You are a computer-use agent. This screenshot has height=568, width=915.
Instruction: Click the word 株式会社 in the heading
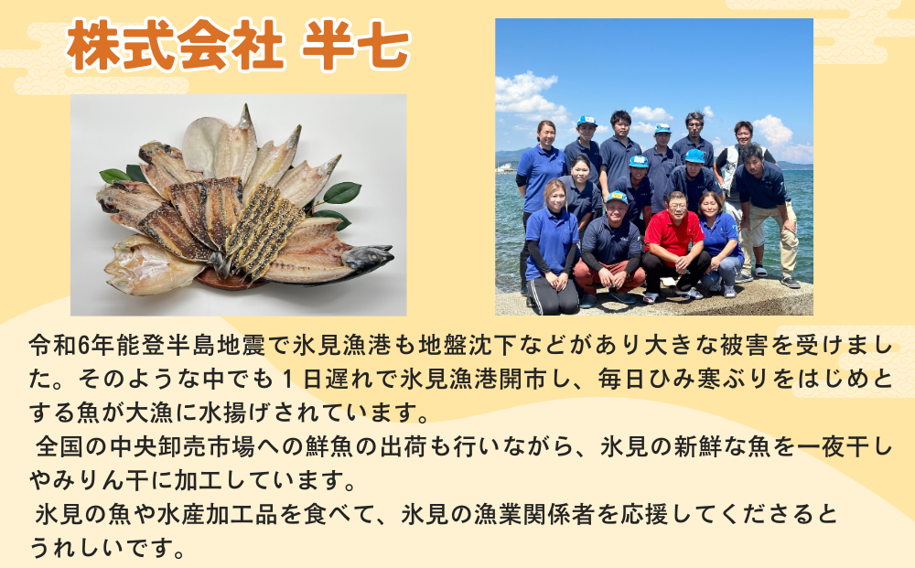pyautogui.click(x=175, y=46)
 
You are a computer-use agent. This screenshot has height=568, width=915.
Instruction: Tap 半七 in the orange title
pyautogui.click(x=356, y=46)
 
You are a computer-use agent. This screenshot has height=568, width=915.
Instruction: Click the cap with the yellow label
pyautogui.click(x=616, y=198)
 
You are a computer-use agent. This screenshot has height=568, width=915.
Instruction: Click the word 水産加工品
pyautogui.click(x=218, y=515)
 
